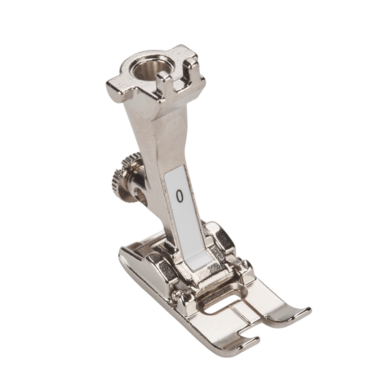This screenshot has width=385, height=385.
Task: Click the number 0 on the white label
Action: click(180, 196)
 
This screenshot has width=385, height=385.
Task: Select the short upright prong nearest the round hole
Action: click(163, 83)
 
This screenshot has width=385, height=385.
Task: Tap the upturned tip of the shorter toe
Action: click(253, 341)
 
